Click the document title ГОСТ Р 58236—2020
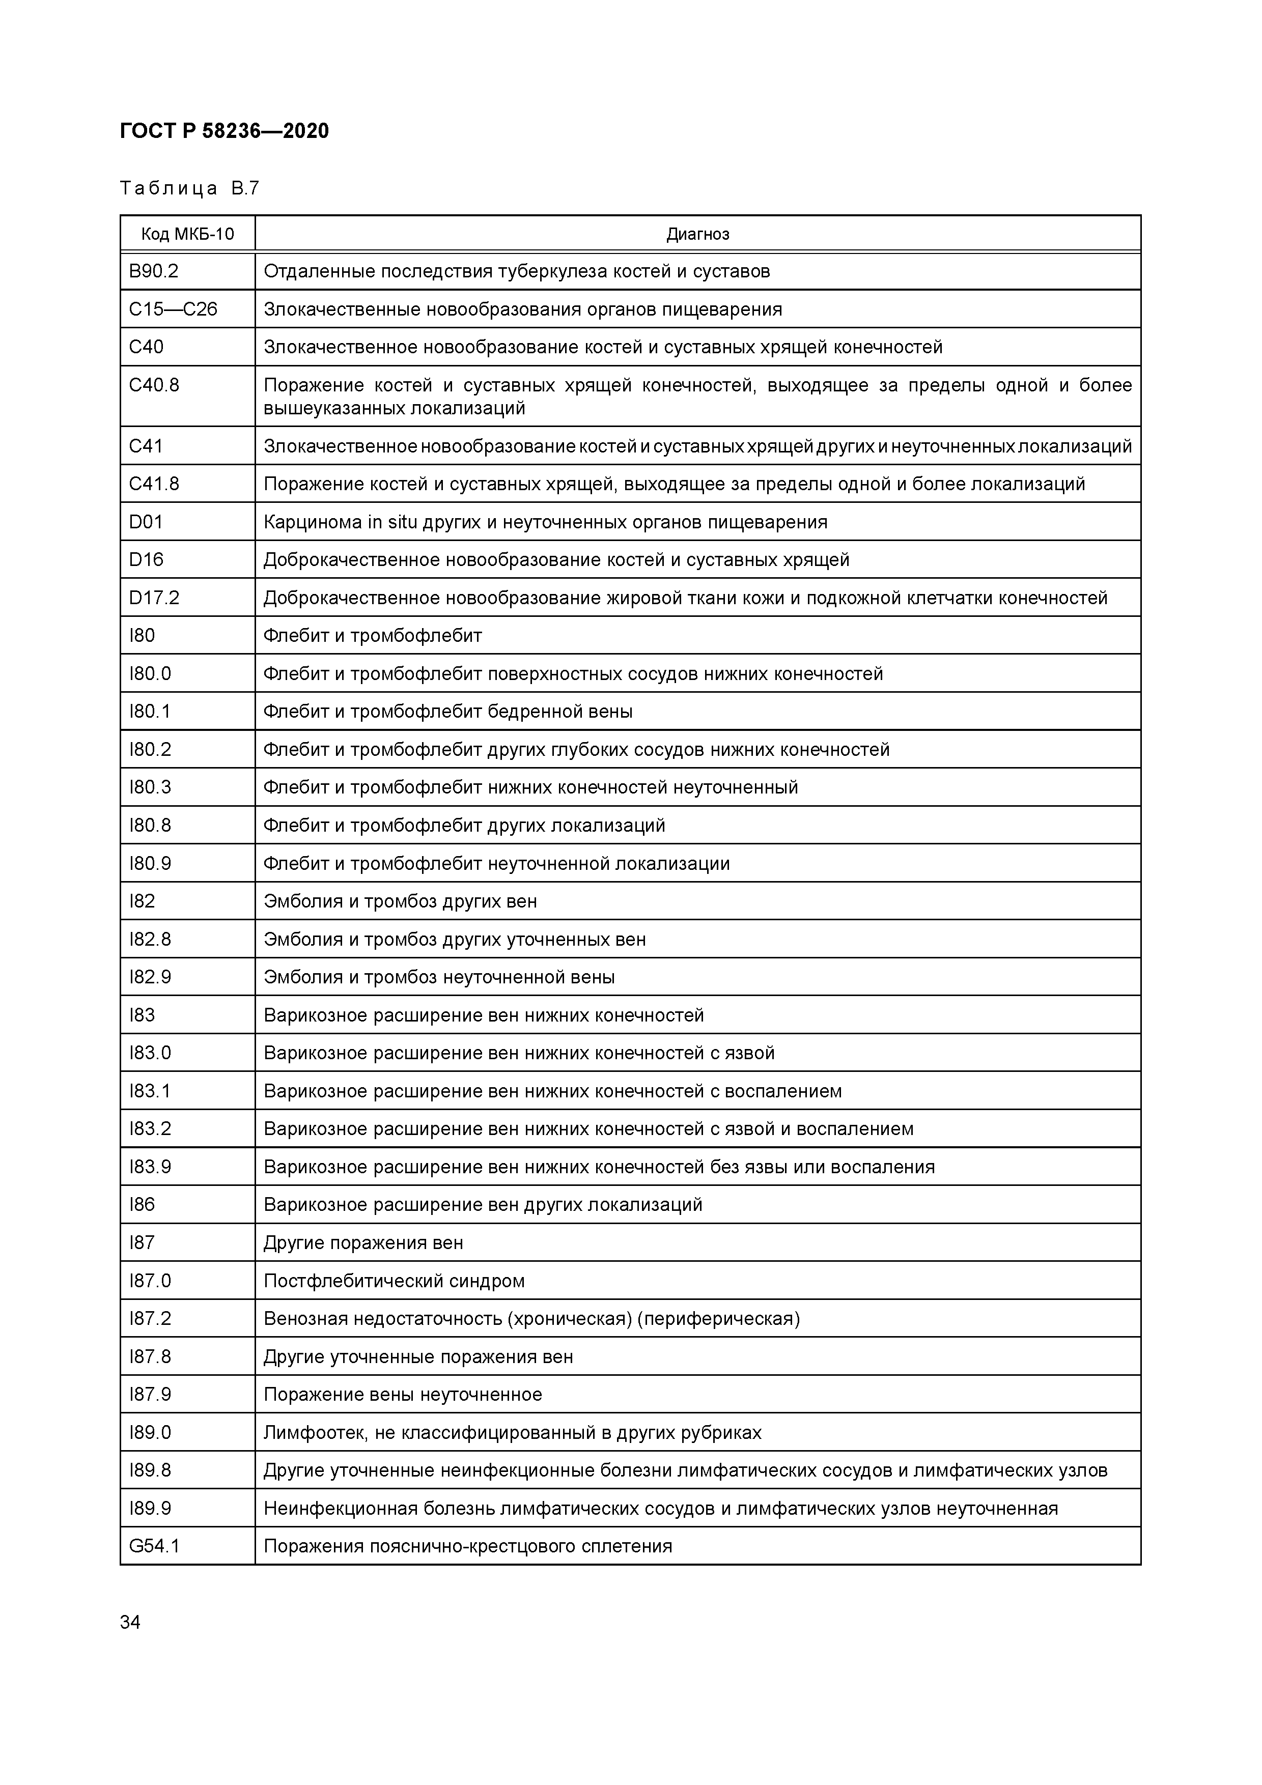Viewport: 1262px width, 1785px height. coord(224,131)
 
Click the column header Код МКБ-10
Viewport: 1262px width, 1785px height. coord(187,234)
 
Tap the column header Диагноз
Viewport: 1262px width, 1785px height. coord(697,234)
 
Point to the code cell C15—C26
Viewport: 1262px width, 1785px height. coord(173,309)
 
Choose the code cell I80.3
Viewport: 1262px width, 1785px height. coord(150,787)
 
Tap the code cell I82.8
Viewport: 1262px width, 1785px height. coord(150,939)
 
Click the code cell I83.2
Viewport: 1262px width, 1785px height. coord(150,1129)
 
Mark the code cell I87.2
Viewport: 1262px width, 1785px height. coord(150,1319)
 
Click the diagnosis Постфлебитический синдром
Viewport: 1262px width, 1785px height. coord(394,1281)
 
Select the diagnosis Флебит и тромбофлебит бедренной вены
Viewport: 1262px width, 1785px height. coord(448,712)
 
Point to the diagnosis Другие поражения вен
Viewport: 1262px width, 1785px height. coord(363,1242)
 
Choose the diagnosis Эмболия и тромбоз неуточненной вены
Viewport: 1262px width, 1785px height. coord(439,977)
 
